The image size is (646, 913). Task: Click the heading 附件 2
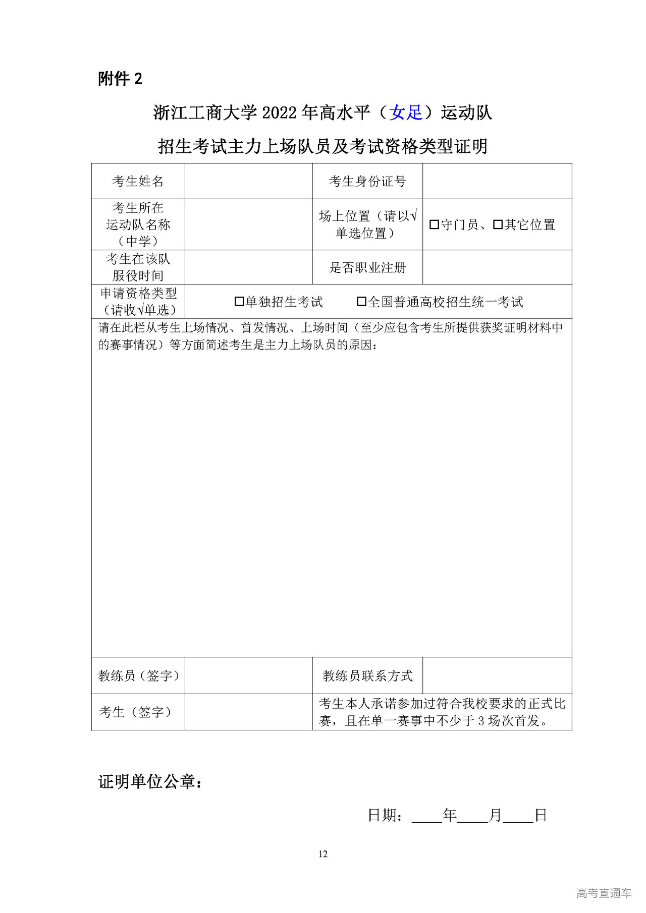coord(120,79)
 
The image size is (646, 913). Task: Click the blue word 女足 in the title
coord(406,112)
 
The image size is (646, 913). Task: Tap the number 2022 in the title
coord(279,112)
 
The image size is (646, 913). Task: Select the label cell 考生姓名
coord(138,181)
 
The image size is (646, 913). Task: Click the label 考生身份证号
coord(367,181)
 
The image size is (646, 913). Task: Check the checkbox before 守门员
coord(434,224)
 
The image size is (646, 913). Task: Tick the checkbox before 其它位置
coord(498,224)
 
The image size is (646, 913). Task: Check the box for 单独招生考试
coord(239,302)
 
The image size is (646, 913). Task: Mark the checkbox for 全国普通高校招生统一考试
coord(361,302)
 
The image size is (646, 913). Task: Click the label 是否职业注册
coord(367,267)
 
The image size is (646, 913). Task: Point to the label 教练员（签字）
coord(138,675)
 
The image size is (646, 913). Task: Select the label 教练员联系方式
coord(367,675)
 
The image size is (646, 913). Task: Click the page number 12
coord(323,854)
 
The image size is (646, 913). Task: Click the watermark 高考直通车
coord(604,893)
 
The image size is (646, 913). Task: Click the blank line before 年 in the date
coord(427,816)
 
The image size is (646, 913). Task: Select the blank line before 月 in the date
coord(473,816)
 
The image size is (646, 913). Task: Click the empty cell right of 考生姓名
coord(248,181)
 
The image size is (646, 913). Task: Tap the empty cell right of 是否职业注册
coord(497,267)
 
